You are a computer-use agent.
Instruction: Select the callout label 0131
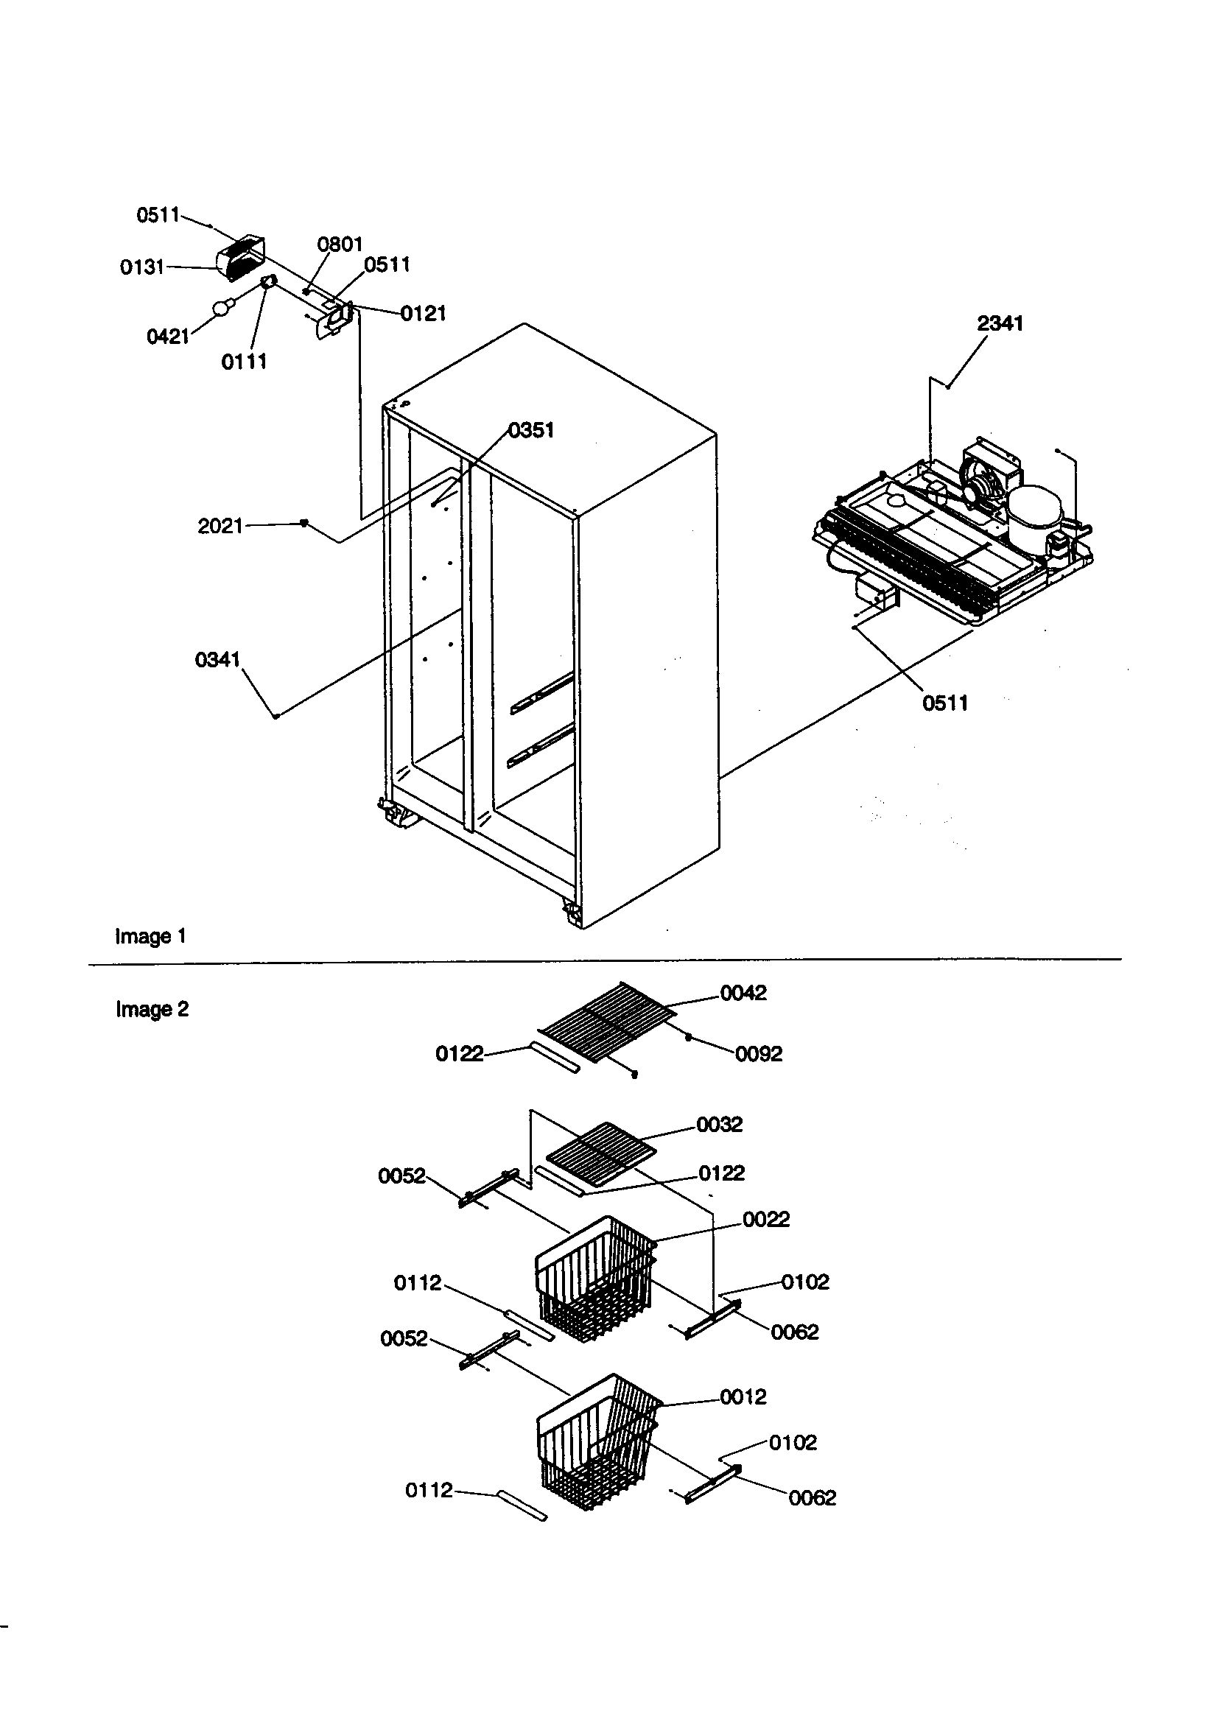coord(142,267)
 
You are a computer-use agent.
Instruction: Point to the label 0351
coord(530,429)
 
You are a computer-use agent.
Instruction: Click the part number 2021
coord(220,526)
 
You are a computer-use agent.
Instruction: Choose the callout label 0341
coord(217,659)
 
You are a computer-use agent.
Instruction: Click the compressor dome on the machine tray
coord(1034,507)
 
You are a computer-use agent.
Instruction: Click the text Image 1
coord(150,936)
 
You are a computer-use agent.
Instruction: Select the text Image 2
coord(152,1010)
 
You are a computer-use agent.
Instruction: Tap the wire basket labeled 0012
coord(598,1438)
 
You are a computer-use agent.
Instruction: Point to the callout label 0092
coord(758,1054)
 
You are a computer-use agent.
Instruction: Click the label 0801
coord(339,244)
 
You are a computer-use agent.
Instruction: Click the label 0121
coord(422,314)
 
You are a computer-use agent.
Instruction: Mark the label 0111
coord(244,362)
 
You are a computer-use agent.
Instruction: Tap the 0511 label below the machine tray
coord(944,703)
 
